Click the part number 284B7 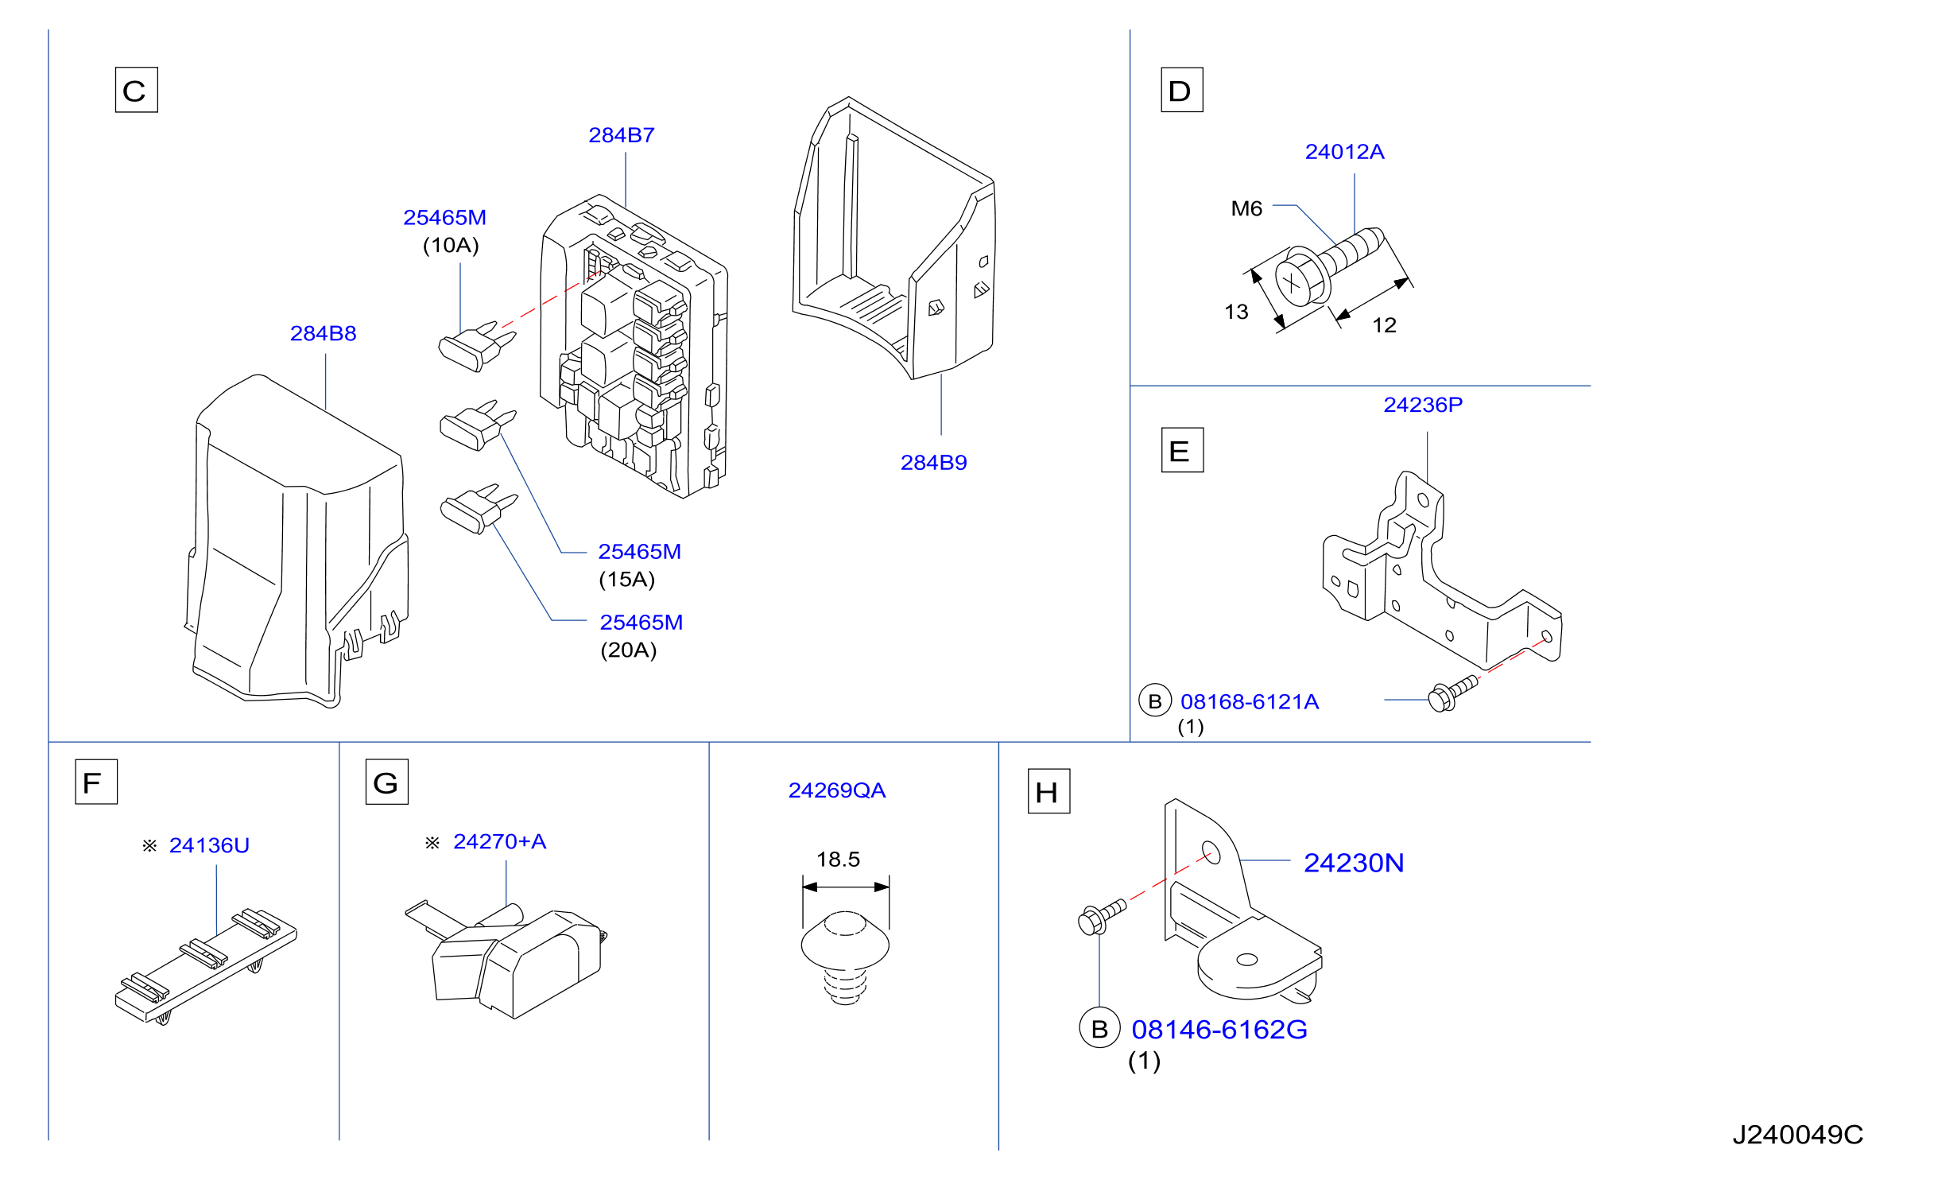[x=621, y=135]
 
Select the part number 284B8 [x=323, y=333]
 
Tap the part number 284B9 [x=933, y=463]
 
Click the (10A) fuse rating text [x=451, y=245]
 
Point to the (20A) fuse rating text [x=628, y=650]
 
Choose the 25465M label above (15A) [x=639, y=552]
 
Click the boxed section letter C [x=137, y=90]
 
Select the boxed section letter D [x=1182, y=90]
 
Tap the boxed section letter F [x=96, y=782]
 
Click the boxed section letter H [x=1048, y=791]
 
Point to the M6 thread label [x=1246, y=209]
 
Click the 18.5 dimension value [x=838, y=860]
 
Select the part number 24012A [x=1344, y=152]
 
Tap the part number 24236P [x=1423, y=405]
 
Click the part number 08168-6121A [x=1250, y=702]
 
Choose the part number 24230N [x=1354, y=863]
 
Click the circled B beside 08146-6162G [x=1099, y=1029]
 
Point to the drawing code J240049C [x=1798, y=1135]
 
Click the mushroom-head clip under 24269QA [x=845, y=958]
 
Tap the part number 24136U [x=209, y=845]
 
